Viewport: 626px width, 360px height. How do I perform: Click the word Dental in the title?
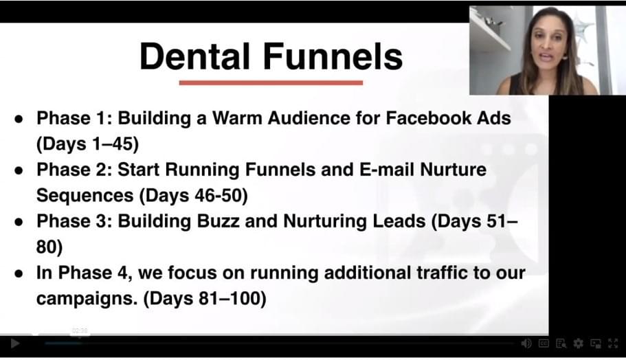[195, 56]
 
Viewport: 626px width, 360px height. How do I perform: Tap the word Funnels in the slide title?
[333, 56]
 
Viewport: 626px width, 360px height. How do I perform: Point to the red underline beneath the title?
[271, 82]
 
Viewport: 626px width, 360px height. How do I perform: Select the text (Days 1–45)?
[87, 144]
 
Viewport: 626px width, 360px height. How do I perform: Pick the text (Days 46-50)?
[194, 196]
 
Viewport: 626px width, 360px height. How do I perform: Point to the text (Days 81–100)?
[204, 299]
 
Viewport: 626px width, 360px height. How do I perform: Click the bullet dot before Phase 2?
[19, 170]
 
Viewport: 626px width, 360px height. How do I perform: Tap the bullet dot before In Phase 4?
[19, 274]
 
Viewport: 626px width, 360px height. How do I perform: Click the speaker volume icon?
[526, 344]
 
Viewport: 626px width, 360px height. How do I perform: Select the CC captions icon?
[544, 344]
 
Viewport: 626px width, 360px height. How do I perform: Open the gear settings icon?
[578, 344]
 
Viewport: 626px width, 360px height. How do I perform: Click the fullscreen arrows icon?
[613, 344]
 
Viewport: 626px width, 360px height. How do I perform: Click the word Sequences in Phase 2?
[85, 196]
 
